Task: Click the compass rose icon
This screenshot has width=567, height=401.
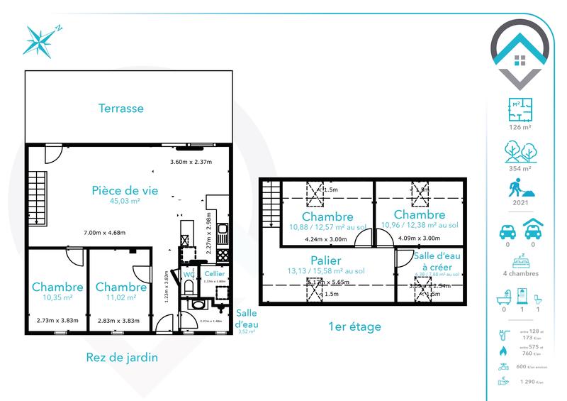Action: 40,40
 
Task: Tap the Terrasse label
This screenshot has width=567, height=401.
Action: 120,109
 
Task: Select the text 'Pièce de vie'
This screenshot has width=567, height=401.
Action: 125,190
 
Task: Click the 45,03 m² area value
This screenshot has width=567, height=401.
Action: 125,202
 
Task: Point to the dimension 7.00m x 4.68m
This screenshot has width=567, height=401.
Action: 104,233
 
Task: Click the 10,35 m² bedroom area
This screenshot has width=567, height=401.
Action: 57,299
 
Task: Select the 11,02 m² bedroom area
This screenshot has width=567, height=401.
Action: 120,299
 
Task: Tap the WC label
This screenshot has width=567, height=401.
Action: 189,274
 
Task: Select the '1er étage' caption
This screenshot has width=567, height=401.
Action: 354,327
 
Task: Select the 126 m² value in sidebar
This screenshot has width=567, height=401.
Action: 520,128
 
